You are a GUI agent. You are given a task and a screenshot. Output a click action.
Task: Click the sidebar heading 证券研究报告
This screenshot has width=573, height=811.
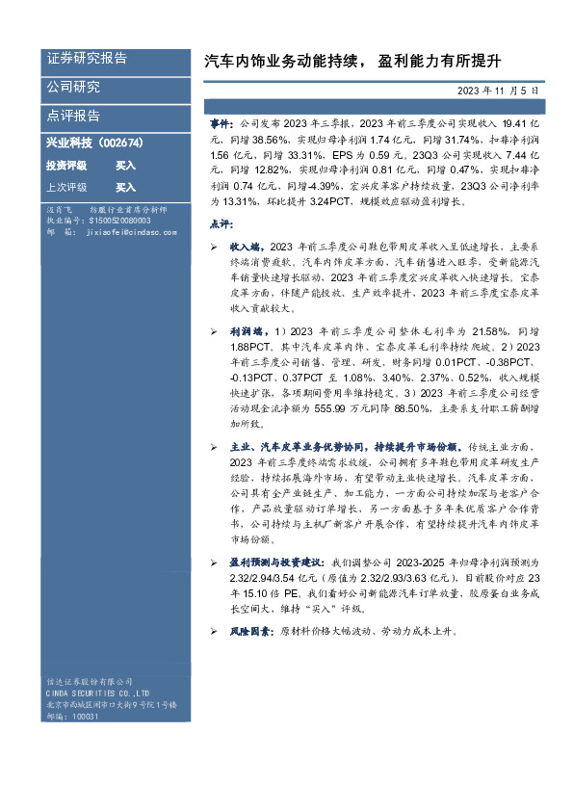[x=87, y=58]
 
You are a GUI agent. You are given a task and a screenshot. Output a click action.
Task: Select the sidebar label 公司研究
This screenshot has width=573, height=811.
[x=73, y=87]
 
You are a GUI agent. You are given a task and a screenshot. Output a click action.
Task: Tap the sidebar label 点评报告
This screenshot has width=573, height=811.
[x=73, y=116]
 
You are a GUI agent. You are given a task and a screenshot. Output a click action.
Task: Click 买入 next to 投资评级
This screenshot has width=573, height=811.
[x=126, y=165]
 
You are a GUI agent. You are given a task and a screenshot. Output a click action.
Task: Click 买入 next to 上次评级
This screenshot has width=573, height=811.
[x=126, y=187]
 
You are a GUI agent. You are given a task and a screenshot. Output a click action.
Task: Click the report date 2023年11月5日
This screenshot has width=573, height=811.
[x=499, y=89]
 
